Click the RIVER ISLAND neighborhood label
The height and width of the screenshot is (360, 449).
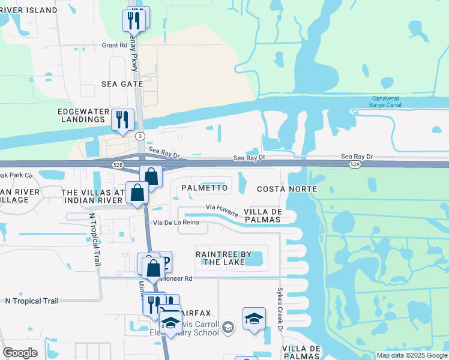click(28, 10)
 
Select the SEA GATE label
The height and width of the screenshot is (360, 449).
click(122, 84)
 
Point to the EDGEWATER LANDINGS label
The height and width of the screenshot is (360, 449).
click(82, 115)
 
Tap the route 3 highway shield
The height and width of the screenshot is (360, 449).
click(140, 136)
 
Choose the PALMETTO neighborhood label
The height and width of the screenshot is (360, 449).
click(204, 188)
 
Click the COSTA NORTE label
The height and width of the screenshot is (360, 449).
click(283, 189)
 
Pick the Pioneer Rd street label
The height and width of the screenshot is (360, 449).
click(177, 278)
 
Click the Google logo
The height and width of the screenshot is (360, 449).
click(20, 353)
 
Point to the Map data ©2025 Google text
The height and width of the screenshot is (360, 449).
click(412, 355)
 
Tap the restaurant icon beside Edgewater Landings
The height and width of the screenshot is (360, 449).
click(122, 119)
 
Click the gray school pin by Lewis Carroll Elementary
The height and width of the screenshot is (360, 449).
click(228, 328)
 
